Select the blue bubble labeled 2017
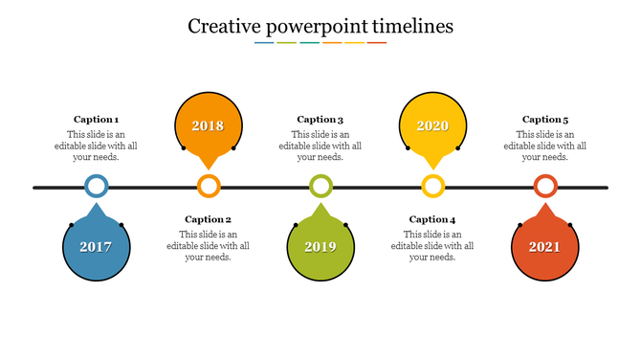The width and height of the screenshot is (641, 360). click(96, 247)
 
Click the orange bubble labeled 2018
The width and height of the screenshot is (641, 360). click(208, 125)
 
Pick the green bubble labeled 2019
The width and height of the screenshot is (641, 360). click(320, 247)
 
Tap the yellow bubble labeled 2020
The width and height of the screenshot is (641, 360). click(432, 125)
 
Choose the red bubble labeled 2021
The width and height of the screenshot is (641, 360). click(544, 247)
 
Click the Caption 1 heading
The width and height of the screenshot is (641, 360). click(97, 120)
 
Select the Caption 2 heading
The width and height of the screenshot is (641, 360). click(209, 219)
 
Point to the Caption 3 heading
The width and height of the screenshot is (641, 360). click(320, 120)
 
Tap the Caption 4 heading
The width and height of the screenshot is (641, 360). click(432, 219)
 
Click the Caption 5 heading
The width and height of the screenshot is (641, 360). click(545, 120)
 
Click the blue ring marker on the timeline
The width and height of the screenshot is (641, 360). click(96, 187)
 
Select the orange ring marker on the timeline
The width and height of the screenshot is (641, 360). click(209, 187)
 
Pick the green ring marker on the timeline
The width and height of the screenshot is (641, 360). click(320, 187)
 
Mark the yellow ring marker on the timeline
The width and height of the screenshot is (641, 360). click(433, 187)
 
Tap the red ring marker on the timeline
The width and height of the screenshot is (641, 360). click(545, 187)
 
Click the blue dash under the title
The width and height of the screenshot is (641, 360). click(264, 43)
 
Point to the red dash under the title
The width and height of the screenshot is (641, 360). click(377, 43)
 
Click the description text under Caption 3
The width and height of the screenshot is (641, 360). click(320, 146)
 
